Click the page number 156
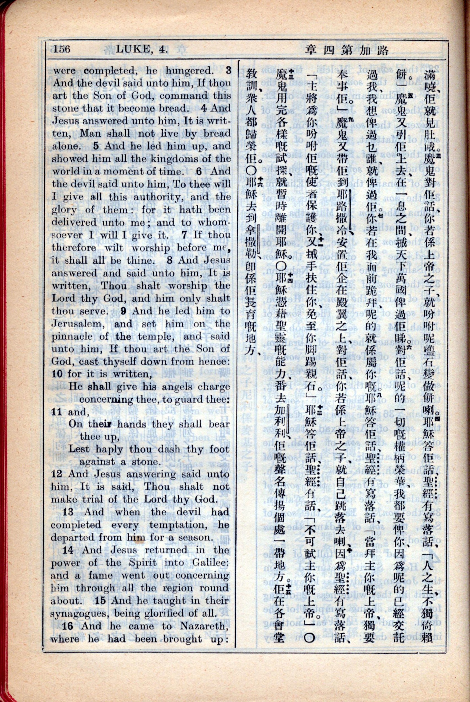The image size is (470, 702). tap(62, 49)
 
